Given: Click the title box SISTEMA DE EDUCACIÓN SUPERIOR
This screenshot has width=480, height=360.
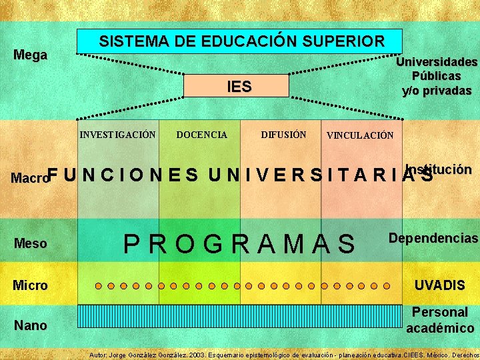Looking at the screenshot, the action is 240,41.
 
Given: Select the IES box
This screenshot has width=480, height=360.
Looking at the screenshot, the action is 239,86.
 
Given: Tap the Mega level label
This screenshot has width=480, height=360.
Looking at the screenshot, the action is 31,55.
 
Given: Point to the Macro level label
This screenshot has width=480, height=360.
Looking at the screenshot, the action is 30,178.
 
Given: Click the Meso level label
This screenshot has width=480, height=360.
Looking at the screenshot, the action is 31,243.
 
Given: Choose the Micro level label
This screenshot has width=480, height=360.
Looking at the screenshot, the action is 31,285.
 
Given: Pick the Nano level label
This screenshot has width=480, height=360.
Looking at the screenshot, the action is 31,325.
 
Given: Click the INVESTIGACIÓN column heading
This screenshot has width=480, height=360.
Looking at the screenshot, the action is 118,135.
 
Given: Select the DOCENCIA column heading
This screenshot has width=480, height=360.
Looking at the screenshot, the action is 201,135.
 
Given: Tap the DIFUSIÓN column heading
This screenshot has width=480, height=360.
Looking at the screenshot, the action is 283,135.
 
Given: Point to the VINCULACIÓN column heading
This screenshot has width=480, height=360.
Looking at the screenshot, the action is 360,135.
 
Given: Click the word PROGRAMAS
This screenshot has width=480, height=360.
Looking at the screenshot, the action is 241,244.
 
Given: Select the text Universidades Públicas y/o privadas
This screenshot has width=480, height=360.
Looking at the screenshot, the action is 437,76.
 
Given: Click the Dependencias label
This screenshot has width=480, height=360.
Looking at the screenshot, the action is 433,238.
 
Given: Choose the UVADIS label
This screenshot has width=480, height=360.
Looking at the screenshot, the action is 440,285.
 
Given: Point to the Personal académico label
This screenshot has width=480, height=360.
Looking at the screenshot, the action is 440,320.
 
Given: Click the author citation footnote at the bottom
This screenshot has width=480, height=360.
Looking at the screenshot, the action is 284,355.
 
